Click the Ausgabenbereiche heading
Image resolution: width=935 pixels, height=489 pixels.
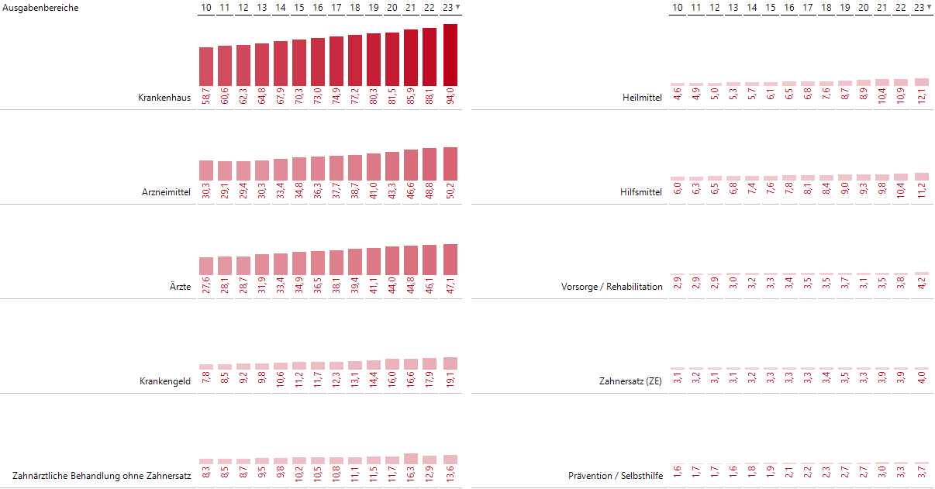click(40, 8)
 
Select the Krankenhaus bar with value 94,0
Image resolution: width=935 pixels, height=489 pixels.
click(450, 55)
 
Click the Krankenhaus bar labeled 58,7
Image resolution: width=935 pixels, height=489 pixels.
click(206, 67)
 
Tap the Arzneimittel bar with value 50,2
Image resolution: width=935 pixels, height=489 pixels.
click(450, 164)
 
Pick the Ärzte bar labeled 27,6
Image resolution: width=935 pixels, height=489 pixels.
click(206, 266)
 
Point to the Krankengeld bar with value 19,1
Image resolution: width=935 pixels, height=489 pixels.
click(450, 363)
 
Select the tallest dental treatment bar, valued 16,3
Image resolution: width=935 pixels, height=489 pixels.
click(411, 458)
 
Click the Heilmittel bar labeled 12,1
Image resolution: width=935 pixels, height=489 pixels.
click(922, 81)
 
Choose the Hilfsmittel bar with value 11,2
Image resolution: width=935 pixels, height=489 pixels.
click(922, 177)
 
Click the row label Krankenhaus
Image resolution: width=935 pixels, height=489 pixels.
click(164, 98)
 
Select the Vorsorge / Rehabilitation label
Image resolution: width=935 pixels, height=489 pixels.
click(612, 287)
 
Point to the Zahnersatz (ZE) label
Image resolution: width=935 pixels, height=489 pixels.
click(630, 381)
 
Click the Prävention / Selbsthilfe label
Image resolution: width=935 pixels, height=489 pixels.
click(616, 476)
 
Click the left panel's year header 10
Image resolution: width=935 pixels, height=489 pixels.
click(206, 8)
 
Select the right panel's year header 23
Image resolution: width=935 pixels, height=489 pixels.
click(919, 8)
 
